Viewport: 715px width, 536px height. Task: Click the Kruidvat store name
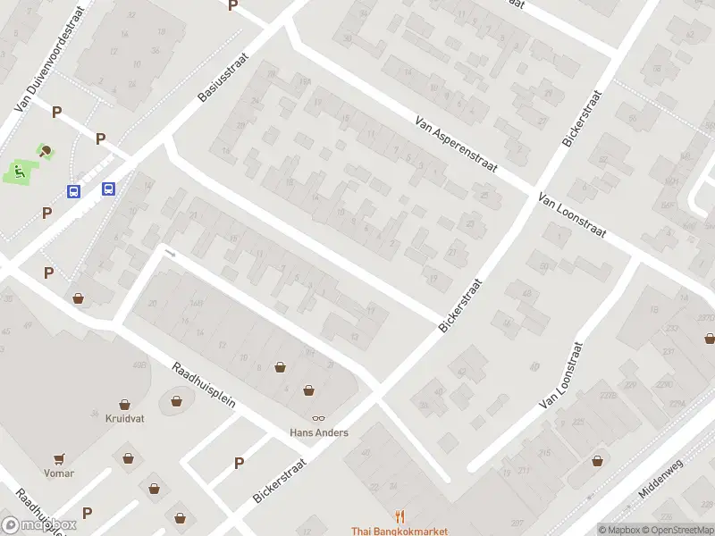point(125,418)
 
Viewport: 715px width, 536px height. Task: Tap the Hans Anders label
point(319,432)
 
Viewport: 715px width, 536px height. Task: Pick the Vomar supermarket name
point(59,473)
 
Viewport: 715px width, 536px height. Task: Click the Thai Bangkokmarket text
point(400,532)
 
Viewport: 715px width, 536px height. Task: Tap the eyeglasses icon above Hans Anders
point(318,418)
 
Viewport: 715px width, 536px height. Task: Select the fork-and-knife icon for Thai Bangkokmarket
point(400,516)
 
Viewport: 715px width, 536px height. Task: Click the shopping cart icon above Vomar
point(59,459)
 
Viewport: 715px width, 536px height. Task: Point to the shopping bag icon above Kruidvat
point(125,405)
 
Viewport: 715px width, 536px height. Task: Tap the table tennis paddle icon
point(46,150)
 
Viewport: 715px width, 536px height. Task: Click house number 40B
point(139,364)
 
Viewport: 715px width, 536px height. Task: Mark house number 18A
point(305,81)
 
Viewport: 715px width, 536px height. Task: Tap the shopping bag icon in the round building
point(176,401)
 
